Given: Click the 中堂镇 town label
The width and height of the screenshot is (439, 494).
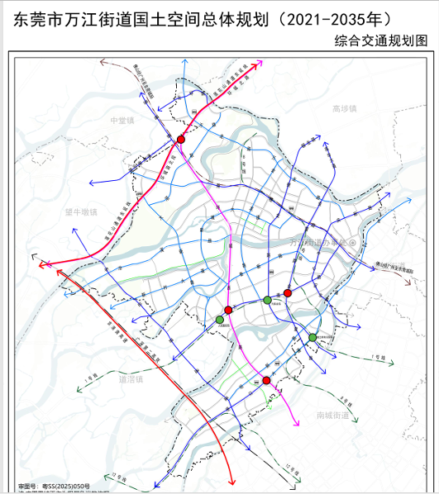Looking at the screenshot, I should [x=122, y=120].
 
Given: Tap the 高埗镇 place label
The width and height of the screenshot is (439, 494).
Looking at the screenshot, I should [x=343, y=108].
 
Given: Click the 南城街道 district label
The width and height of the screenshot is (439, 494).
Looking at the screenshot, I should [x=332, y=414].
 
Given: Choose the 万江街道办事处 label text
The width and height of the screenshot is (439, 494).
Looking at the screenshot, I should [x=318, y=243].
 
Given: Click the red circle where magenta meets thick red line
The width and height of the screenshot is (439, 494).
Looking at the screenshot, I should [x=180, y=140].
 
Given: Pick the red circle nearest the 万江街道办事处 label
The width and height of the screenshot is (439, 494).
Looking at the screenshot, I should [x=288, y=293].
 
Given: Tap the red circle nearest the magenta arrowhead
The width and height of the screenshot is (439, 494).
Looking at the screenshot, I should [x=266, y=380].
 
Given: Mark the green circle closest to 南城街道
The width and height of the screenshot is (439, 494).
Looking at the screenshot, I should [x=313, y=337].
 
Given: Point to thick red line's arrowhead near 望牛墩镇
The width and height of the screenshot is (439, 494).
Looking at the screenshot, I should [x=45, y=265].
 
